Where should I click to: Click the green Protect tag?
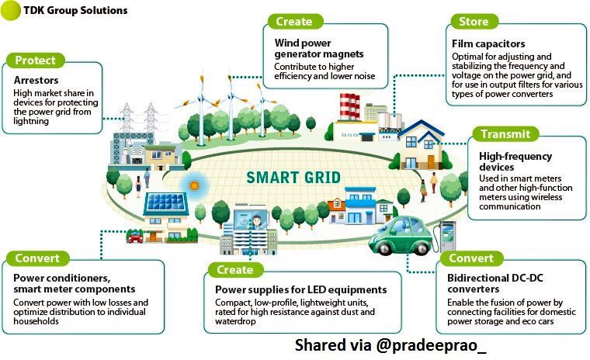coord(35,61)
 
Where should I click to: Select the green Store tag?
coord(474,21)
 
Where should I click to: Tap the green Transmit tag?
coord(505,134)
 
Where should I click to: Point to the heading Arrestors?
coord(38,80)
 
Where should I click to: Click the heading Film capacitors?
coord(489,44)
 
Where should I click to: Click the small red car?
coord(136,237)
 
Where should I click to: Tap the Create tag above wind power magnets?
coord(294,21)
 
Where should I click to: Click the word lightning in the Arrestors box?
coord(33,121)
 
